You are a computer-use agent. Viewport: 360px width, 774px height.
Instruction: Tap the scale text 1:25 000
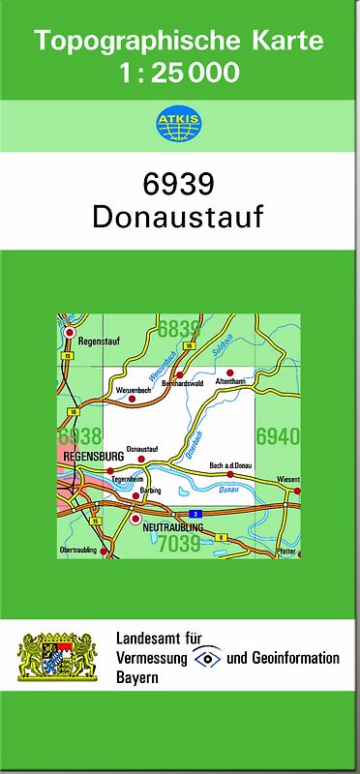(x=180, y=73)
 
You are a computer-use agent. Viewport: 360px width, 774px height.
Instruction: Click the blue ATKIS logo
(x=180, y=122)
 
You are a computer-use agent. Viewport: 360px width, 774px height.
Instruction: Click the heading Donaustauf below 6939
(x=178, y=216)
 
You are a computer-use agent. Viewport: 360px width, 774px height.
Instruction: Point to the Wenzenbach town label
(x=133, y=390)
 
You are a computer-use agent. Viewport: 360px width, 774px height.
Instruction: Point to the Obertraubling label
(x=82, y=549)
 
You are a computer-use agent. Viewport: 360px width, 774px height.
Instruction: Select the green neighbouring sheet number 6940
(x=278, y=436)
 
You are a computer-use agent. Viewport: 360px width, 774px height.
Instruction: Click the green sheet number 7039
(x=179, y=544)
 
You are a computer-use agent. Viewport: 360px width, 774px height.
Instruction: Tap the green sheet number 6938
(x=79, y=436)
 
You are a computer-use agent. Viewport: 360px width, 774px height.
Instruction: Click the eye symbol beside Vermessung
(x=207, y=658)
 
